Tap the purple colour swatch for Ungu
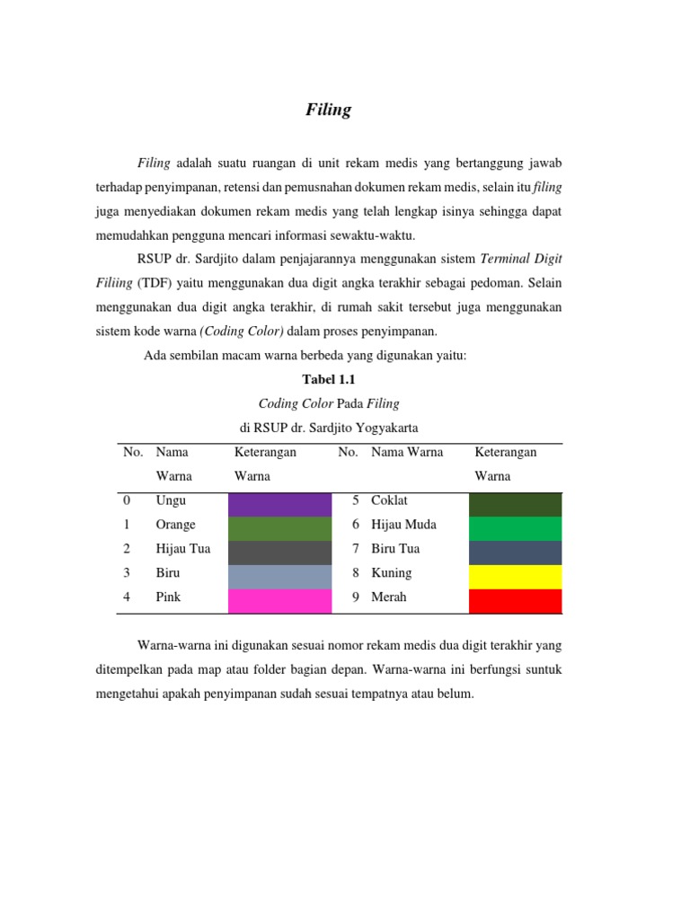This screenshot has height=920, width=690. click(280, 504)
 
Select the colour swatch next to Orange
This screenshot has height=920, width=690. click(280, 528)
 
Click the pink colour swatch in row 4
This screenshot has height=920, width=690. click(280, 600)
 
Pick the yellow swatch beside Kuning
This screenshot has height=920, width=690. click(516, 576)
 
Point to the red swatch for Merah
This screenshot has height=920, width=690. click(516, 600)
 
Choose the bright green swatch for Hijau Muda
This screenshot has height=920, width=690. click(516, 528)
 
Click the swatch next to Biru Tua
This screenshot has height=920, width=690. click(516, 552)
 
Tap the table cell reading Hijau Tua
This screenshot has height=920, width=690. click(182, 549)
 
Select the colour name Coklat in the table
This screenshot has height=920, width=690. click(389, 500)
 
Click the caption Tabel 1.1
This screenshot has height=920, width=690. click(330, 380)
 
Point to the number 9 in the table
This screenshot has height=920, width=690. click(356, 597)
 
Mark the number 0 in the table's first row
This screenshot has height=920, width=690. click(127, 500)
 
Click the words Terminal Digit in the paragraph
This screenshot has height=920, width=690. click(521, 259)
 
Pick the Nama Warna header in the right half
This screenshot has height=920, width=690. click(407, 452)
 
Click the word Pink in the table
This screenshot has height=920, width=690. click(168, 597)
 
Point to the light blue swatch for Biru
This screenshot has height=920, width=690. click(280, 576)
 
